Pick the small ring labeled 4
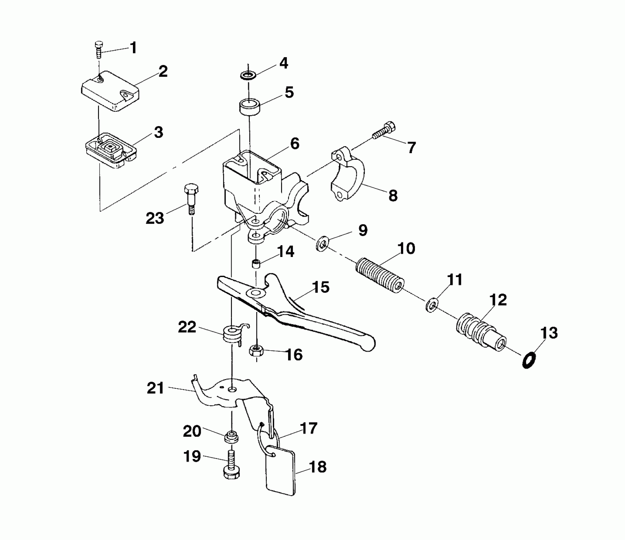pos(249,76)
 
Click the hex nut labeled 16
pos(256,351)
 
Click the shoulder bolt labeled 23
pos(191,199)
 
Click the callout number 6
pos(295,144)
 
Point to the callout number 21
pos(155,388)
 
